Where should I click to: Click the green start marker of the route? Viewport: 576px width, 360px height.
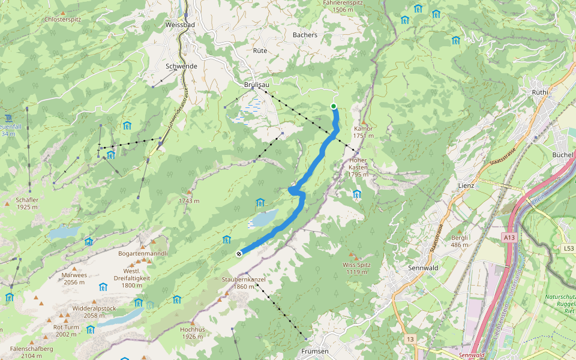[334, 106]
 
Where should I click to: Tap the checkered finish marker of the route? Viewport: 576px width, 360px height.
[239, 253]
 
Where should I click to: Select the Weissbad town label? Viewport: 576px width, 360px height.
[179, 25]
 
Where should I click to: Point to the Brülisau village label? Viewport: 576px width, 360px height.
[256, 85]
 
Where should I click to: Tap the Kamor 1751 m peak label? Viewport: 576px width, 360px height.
[363, 132]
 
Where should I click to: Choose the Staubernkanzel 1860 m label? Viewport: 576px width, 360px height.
[243, 283]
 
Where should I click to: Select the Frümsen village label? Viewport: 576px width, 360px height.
[315, 351]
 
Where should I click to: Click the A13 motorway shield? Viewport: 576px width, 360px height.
[509, 238]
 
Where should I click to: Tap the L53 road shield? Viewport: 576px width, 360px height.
[568, 248]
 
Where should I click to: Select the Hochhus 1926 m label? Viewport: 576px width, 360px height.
[192, 333]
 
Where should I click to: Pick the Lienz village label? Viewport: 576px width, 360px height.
[466, 185]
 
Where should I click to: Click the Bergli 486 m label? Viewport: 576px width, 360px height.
[460, 241]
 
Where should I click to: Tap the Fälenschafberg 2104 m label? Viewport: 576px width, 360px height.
[26, 352]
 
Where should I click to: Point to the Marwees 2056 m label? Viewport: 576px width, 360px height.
[74, 278]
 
